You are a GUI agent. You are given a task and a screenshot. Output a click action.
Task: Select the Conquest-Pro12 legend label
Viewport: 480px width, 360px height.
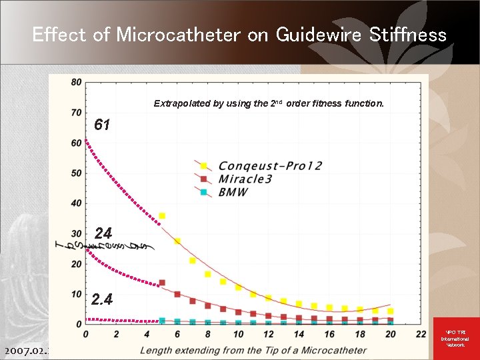(x=270, y=165)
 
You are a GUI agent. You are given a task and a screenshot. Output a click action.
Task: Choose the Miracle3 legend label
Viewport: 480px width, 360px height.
(x=245, y=179)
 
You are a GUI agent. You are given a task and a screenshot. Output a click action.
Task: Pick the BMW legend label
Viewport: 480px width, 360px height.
(x=233, y=192)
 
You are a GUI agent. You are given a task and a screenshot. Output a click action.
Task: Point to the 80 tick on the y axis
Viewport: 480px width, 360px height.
(x=75, y=82)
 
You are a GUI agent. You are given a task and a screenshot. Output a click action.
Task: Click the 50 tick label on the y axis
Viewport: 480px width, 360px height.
(x=75, y=173)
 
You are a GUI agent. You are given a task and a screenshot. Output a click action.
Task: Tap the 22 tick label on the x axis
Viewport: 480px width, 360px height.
(x=420, y=334)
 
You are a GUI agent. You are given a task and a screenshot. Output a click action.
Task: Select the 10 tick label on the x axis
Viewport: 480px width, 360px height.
(x=238, y=334)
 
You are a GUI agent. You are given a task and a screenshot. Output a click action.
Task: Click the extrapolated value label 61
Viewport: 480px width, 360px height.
(x=102, y=125)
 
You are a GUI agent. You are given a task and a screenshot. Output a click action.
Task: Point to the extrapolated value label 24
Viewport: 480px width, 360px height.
(x=103, y=233)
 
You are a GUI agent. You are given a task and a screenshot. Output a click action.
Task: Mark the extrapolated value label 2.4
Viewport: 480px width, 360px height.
(x=101, y=299)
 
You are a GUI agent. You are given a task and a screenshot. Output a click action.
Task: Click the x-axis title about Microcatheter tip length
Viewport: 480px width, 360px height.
(x=253, y=350)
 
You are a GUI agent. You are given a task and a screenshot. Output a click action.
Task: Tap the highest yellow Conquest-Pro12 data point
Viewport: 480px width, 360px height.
(x=162, y=216)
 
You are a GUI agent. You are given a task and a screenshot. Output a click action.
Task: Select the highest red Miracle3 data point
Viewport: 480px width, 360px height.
(x=162, y=283)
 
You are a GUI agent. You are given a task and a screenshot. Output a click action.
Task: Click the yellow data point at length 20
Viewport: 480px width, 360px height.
(x=391, y=311)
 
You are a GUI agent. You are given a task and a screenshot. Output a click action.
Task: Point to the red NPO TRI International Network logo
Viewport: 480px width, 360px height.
(x=455, y=339)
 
